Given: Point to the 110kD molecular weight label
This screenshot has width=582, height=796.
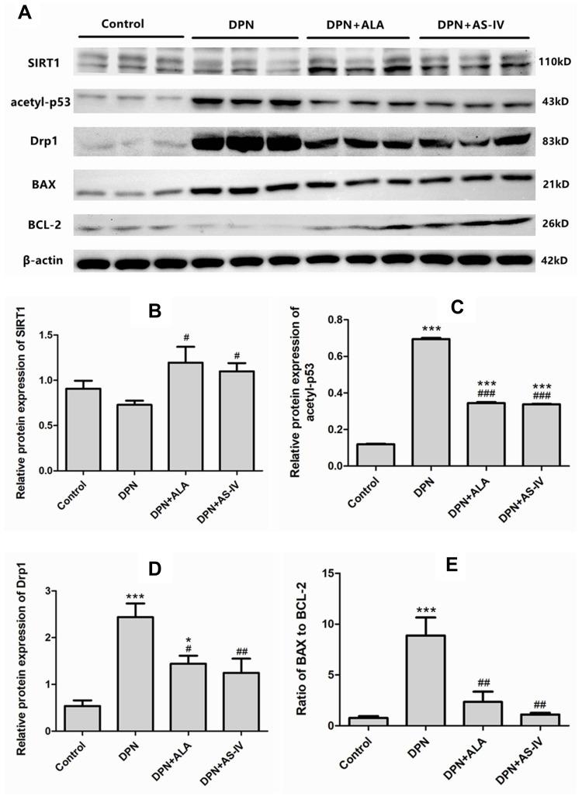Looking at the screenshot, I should [554, 61].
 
